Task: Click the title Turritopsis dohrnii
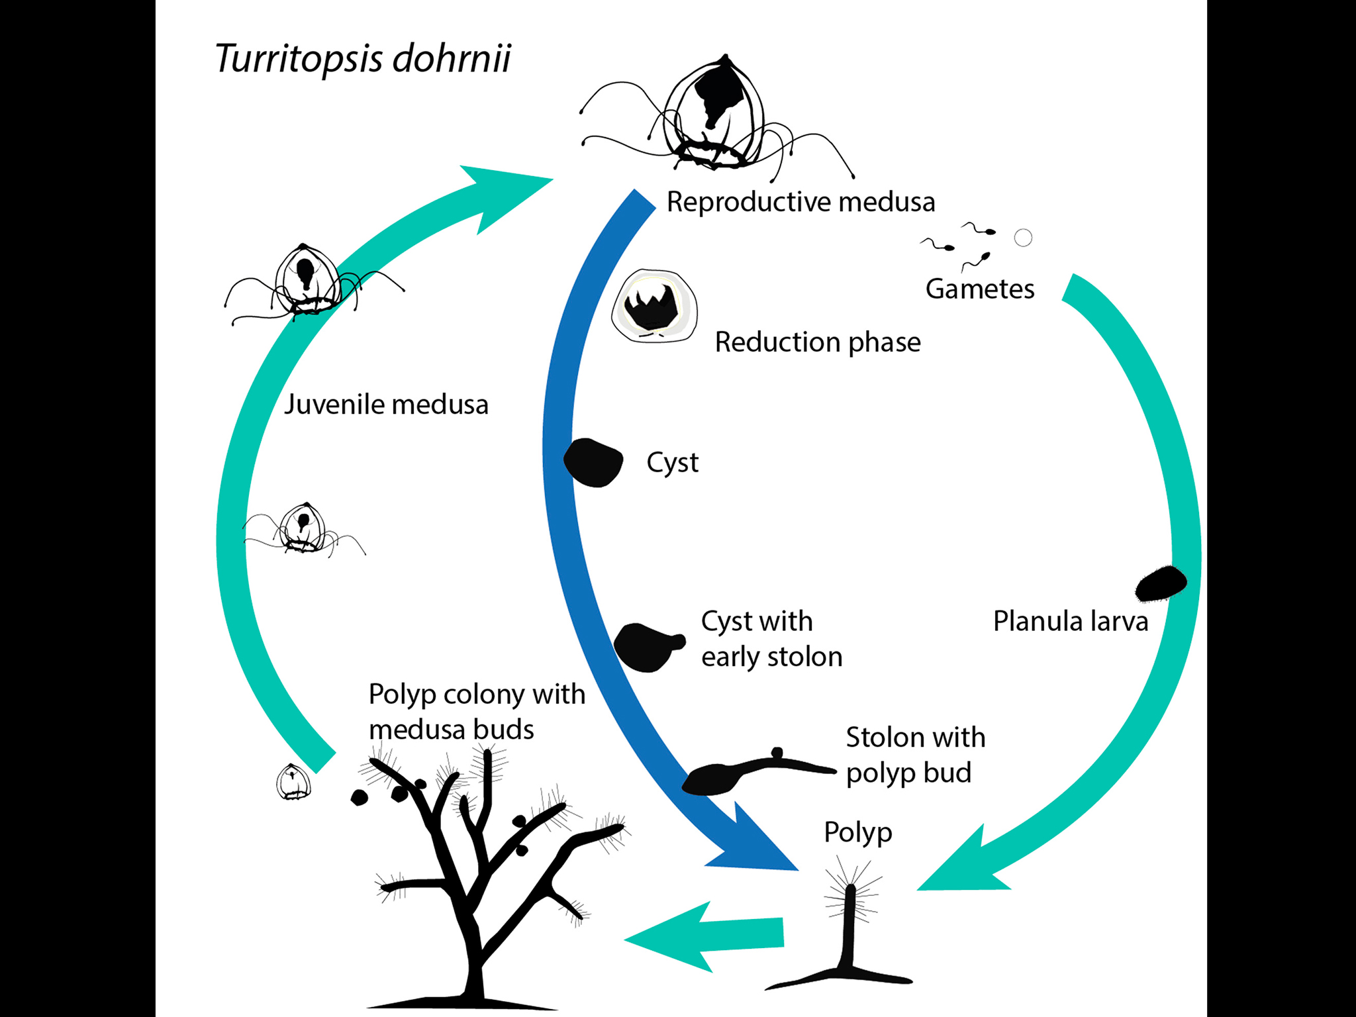click(363, 58)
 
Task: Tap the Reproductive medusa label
click(800, 202)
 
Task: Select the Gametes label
click(979, 289)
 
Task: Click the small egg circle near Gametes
click(1023, 238)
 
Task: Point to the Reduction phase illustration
click(654, 306)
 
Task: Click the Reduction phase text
click(817, 342)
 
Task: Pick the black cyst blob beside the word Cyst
click(593, 462)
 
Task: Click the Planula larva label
click(1070, 622)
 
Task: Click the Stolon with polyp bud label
click(915, 755)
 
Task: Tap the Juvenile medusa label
click(386, 405)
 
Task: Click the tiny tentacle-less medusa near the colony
click(293, 782)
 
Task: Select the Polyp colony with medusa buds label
click(477, 712)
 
